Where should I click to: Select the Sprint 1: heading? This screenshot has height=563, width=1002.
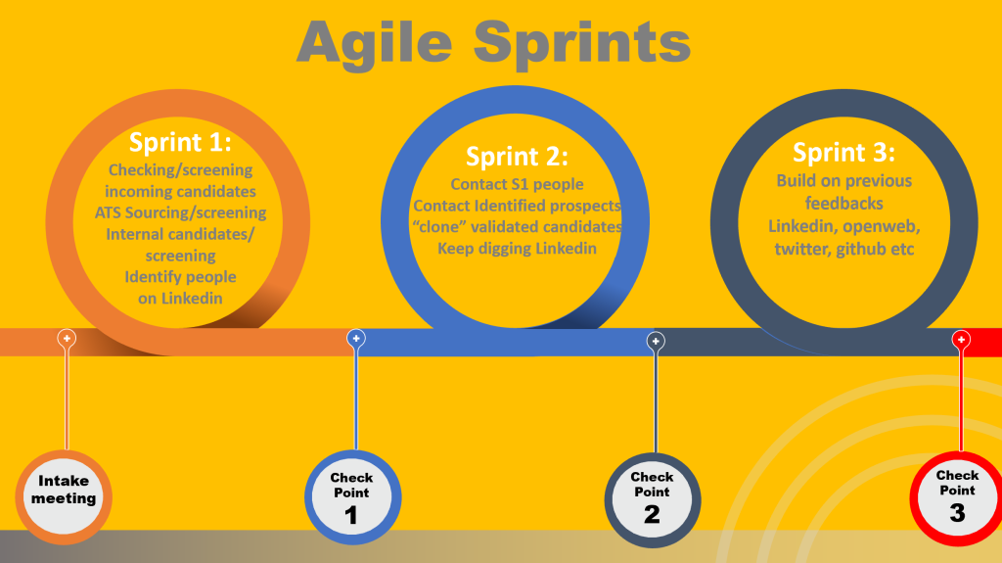pyautogui.click(x=180, y=142)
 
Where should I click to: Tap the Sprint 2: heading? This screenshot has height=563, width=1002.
pyautogui.click(x=517, y=156)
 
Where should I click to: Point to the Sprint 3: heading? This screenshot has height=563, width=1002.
pyautogui.click(x=843, y=153)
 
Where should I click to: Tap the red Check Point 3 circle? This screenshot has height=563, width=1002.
pyautogui.click(x=957, y=498)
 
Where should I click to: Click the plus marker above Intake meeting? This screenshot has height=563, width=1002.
pyautogui.click(x=67, y=339)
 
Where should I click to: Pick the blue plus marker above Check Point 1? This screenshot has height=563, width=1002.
pyautogui.click(x=356, y=339)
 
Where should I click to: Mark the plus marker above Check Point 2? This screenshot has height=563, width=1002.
pyautogui.click(x=656, y=341)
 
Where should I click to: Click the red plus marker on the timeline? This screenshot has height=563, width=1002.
pyautogui.click(x=961, y=340)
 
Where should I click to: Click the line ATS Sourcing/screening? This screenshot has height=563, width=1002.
pyautogui.click(x=180, y=212)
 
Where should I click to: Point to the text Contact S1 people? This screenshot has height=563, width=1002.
pyautogui.click(x=517, y=184)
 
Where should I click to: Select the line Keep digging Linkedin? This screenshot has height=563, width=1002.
pyautogui.click(x=517, y=248)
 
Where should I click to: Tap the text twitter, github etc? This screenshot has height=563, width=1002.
pyautogui.click(x=843, y=248)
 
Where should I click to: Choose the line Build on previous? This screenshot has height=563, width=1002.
pyautogui.click(x=843, y=181)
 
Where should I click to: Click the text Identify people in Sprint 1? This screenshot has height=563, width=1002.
pyautogui.click(x=180, y=277)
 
